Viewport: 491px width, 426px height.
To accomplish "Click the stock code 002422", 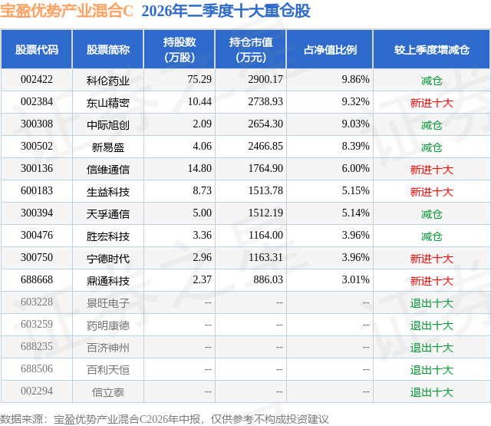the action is tap(37, 79).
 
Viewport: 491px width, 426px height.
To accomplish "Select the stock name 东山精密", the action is tap(108, 103).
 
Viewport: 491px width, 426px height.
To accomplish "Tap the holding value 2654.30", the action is tap(265, 124).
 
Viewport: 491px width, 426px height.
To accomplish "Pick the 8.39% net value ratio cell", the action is tap(356, 146).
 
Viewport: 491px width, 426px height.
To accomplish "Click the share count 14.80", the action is tap(199, 168).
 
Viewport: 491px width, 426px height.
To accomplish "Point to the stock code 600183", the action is tap(37, 190).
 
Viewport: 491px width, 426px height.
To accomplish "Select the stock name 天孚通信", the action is tap(108, 214).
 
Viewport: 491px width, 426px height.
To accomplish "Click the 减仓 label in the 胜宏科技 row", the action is tap(431, 236).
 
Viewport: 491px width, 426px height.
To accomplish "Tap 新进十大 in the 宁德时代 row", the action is tap(431, 259).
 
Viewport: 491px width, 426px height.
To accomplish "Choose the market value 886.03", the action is tap(268, 279).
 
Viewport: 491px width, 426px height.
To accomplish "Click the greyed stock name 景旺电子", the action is tap(108, 303).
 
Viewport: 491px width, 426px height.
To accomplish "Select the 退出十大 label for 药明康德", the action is tap(431, 325).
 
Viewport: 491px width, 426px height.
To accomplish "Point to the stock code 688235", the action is tap(37, 346).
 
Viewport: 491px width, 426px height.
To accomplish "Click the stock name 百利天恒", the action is tap(108, 370).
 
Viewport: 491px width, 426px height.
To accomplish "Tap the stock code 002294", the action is tap(37, 391).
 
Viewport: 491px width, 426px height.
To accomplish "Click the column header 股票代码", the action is tap(37, 49).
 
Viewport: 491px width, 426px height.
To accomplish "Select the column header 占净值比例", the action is tap(330, 49).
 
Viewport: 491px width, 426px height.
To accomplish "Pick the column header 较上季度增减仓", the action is tap(431, 49).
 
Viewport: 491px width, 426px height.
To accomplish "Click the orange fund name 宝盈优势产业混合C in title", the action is tap(67, 11).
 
